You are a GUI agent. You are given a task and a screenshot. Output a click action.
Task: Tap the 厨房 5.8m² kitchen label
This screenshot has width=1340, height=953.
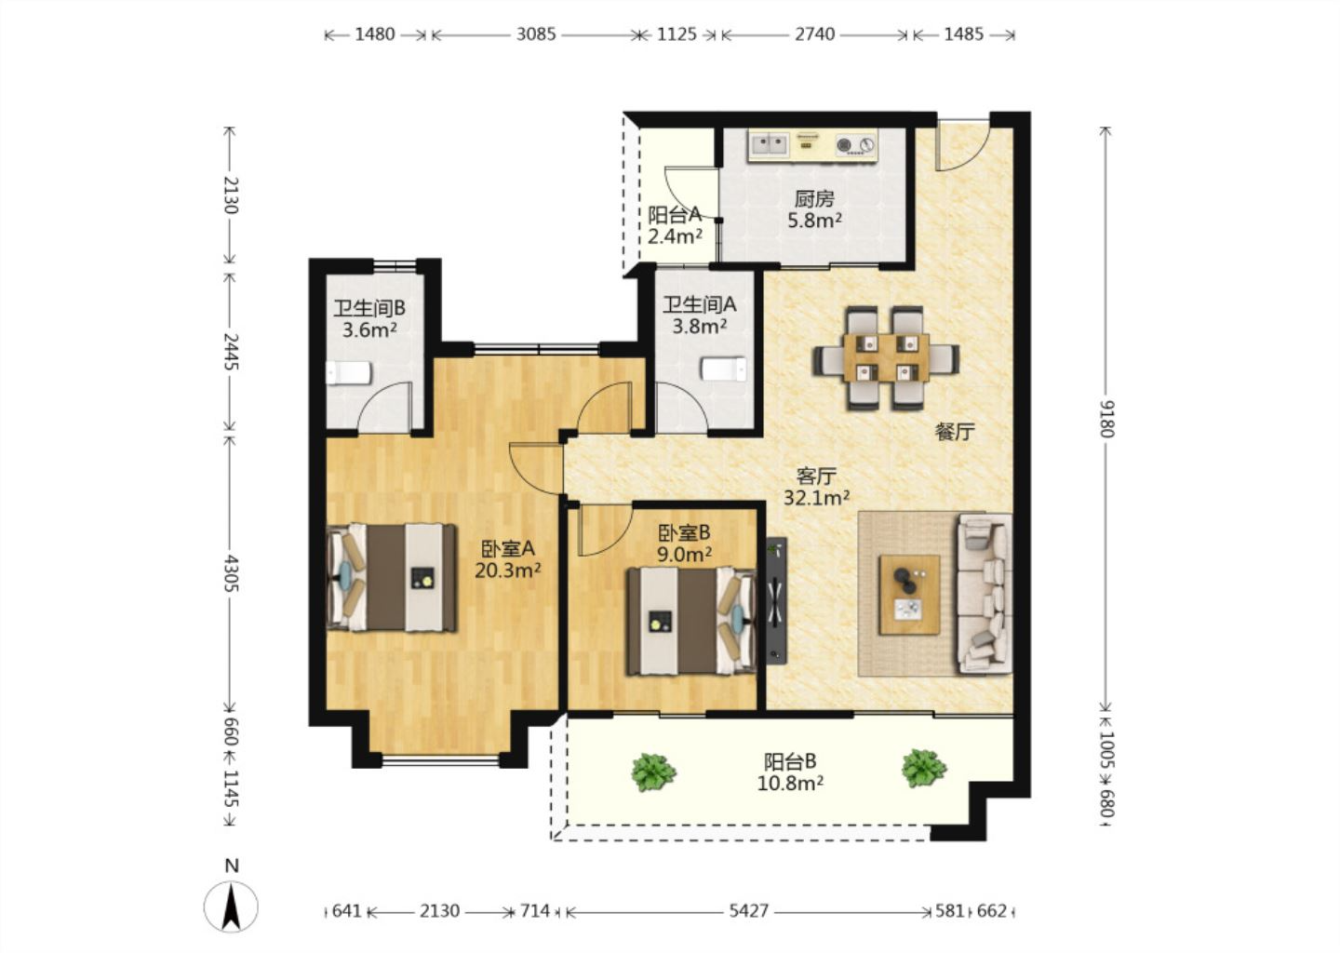[814, 209]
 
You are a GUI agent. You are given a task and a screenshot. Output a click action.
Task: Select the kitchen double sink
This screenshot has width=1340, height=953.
[769, 143]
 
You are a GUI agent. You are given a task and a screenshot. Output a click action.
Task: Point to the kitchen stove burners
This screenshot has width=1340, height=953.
[855, 144]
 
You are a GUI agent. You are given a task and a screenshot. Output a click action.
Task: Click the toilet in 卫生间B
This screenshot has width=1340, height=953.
[348, 373]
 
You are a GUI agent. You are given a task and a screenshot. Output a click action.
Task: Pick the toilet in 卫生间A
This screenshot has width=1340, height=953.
[724, 369]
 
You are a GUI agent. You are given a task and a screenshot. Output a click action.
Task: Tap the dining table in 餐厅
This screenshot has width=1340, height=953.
[886, 357]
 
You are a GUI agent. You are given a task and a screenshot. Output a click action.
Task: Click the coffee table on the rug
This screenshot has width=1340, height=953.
[908, 594]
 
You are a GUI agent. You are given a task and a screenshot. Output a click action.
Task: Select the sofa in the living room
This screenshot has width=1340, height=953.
[985, 594]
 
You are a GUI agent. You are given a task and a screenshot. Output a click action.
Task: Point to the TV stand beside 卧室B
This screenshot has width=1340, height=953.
[776, 600]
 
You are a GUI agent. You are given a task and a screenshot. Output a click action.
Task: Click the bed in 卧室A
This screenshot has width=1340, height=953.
[391, 577]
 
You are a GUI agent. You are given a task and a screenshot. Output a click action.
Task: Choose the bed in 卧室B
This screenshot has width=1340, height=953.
[690, 622]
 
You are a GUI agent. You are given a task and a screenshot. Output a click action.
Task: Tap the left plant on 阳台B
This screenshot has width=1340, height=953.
[654, 772]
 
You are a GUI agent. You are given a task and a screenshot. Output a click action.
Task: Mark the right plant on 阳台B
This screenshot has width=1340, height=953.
[924, 769]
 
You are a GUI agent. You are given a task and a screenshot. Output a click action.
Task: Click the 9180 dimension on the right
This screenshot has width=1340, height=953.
[1106, 419]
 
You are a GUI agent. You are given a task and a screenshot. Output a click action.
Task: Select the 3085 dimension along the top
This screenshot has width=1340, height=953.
[536, 34]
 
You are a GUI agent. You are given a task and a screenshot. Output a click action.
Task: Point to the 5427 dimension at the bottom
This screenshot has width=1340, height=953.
[748, 911]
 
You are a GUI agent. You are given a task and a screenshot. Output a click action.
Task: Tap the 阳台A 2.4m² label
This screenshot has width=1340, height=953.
[675, 225]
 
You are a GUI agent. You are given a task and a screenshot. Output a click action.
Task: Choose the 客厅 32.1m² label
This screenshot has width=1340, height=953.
[817, 487]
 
